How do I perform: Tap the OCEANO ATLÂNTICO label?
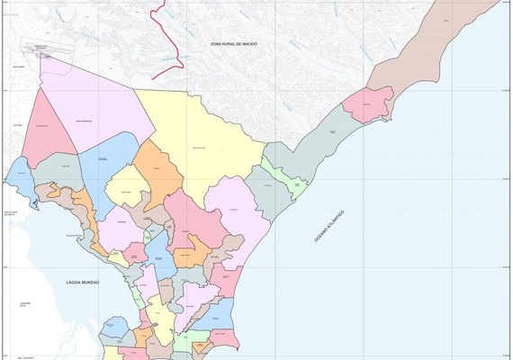coord(329,225)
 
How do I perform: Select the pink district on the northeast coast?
coord(369,103)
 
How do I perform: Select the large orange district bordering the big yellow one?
coord(158,171)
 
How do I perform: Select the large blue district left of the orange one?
coord(108,162)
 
